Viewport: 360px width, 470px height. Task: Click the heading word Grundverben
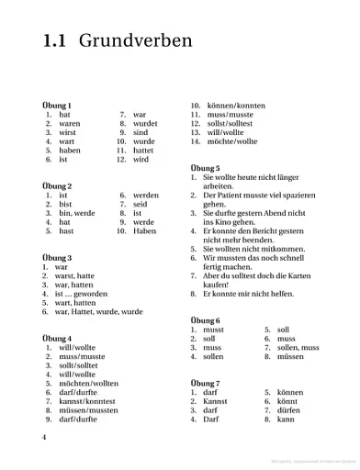[135, 41]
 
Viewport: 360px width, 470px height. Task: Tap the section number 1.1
[56, 41]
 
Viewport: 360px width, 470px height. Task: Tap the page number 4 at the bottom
[44, 436]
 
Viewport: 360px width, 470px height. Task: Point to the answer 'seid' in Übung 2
[141, 204]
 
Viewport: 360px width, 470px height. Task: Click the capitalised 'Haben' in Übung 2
[144, 231]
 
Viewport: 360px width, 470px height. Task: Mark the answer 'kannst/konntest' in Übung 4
[87, 401]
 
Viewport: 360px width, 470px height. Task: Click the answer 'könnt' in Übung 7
[287, 401]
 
